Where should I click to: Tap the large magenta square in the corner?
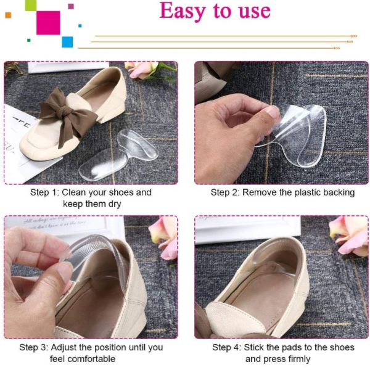[x=48, y=23]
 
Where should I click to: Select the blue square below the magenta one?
[x=67, y=42]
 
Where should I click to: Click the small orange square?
[x=8, y=15]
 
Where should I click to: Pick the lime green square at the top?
[x=31, y=5]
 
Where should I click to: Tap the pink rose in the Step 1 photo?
[x=142, y=69]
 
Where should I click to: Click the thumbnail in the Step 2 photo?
[x=271, y=112]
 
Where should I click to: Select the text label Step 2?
[x=224, y=192]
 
